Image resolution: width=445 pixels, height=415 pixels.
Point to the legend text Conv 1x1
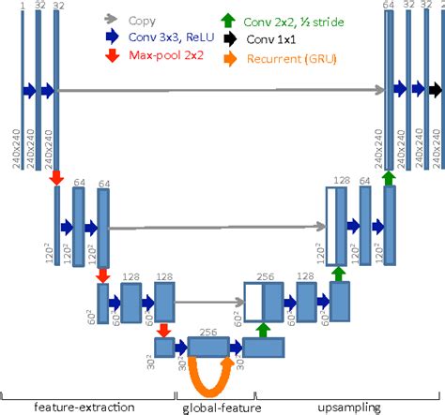[x=279, y=38]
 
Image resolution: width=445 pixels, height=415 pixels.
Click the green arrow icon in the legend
[x=229, y=19]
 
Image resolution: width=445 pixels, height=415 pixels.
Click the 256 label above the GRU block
[x=208, y=332]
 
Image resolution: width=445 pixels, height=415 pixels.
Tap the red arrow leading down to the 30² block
[x=163, y=330]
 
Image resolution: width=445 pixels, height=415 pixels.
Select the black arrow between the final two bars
[x=433, y=90]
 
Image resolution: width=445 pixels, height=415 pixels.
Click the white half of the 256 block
[x=253, y=303]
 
